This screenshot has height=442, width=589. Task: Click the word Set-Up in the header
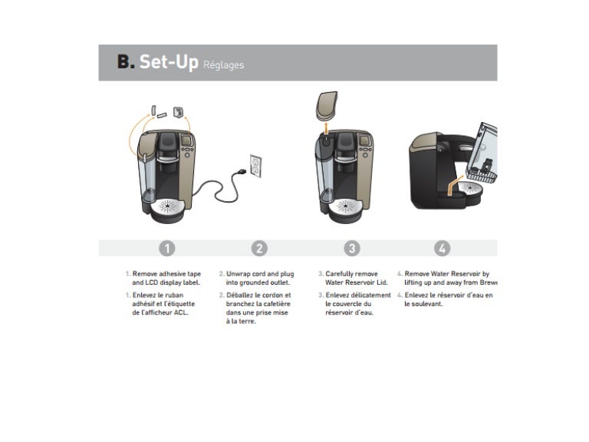[168, 62]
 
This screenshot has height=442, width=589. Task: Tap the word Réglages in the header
[223, 65]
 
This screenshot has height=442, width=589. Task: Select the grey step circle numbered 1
[167, 248]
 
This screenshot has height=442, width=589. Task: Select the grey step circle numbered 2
[259, 248]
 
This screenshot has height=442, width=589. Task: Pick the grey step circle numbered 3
[351, 248]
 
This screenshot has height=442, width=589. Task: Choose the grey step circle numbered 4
[443, 248]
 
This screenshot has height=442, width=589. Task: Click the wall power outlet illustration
[256, 164]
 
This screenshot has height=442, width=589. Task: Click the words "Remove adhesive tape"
[166, 273]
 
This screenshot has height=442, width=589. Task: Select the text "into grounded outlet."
[258, 282]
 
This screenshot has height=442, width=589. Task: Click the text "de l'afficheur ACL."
[160, 312]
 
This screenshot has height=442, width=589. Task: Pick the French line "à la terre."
[241, 322]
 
